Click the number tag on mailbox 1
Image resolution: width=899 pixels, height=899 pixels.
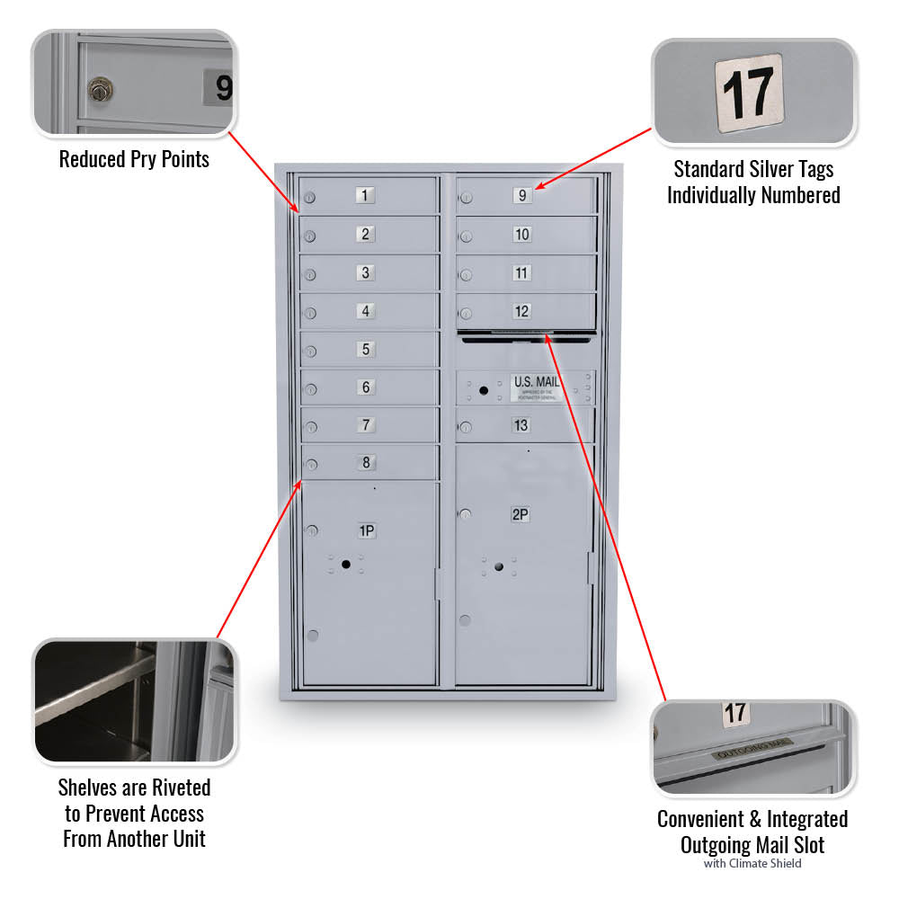tap(365, 195)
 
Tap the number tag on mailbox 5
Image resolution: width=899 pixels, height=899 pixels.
tap(365, 349)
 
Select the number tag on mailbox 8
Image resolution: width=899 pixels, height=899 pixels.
tap(365, 463)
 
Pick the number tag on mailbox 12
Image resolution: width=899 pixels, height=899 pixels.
tap(521, 311)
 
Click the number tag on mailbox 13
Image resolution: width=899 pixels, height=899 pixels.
tap(521, 425)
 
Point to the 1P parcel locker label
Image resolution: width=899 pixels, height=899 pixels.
tap(367, 530)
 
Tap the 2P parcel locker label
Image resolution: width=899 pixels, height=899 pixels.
tap(520, 514)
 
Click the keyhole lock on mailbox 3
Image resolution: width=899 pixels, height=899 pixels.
tap(309, 275)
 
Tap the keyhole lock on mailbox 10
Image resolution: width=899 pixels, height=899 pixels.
tap(466, 237)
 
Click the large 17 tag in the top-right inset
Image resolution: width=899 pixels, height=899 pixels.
tap(749, 93)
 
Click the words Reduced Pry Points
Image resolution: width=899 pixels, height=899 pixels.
tap(134, 160)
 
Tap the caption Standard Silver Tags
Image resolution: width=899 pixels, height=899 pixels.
tap(753, 169)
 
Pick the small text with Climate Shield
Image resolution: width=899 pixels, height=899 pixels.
tap(752, 864)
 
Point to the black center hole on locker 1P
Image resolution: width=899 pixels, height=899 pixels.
tap(345, 563)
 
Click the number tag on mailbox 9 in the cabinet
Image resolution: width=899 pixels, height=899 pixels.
tap(521, 195)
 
